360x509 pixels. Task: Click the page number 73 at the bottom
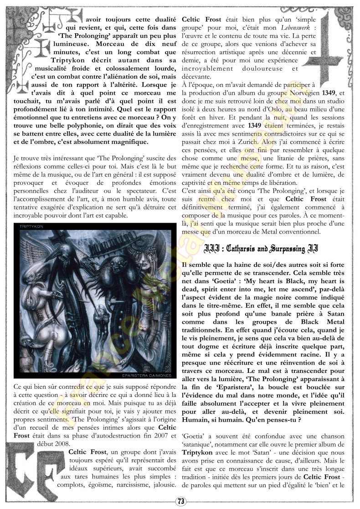click(180, 501)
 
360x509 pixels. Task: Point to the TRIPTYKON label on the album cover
click(31, 225)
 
